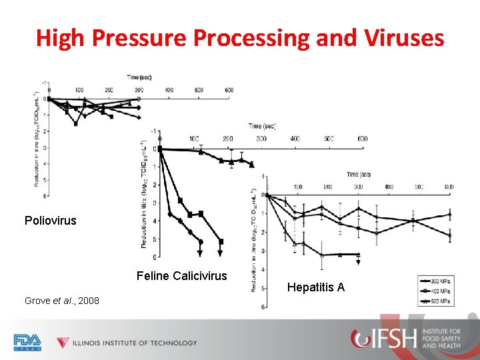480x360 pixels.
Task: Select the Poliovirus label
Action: pyautogui.click(x=51, y=220)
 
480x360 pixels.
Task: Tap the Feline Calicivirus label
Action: pyautogui.click(x=181, y=276)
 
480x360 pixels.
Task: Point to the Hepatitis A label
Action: pyautogui.click(x=316, y=287)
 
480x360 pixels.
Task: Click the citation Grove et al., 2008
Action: pyautogui.click(x=62, y=301)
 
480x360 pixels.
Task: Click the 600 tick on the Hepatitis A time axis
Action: pyautogui.click(x=449, y=187)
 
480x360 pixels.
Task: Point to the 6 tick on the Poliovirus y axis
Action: pyautogui.click(x=45, y=196)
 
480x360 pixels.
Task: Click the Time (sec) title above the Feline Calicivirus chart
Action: pyautogui.click(x=263, y=125)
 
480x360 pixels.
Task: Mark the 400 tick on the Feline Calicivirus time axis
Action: pyautogui.click(x=295, y=139)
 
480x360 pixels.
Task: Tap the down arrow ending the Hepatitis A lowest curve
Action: pyautogui.click(x=358, y=261)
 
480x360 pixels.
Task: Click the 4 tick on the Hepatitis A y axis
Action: pyautogui.click(x=262, y=269)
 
